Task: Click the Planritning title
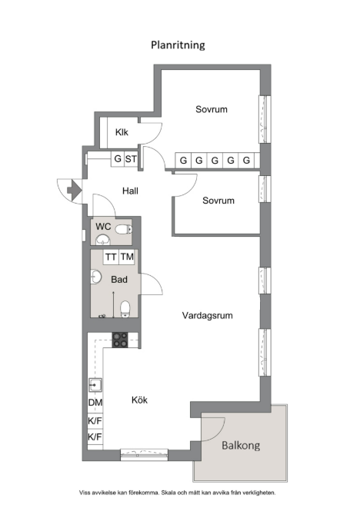(178, 45)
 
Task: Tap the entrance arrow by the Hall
(75, 190)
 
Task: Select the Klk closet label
(122, 132)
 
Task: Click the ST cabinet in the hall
(131, 159)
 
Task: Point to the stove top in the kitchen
(120, 340)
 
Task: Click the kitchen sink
(95, 385)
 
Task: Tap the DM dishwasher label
(95, 403)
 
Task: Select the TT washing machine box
(112, 257)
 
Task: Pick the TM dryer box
(127, 257)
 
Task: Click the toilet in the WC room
(124, 229)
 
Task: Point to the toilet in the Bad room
(125, 309)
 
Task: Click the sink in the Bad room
(95, 277)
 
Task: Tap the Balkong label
(241, 446)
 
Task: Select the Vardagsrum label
(207, 315)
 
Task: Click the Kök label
(139, 400)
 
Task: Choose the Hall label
(130, 191)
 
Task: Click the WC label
(103, 227)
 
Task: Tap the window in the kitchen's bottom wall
(144, 454)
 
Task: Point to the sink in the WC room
(103, 240)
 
